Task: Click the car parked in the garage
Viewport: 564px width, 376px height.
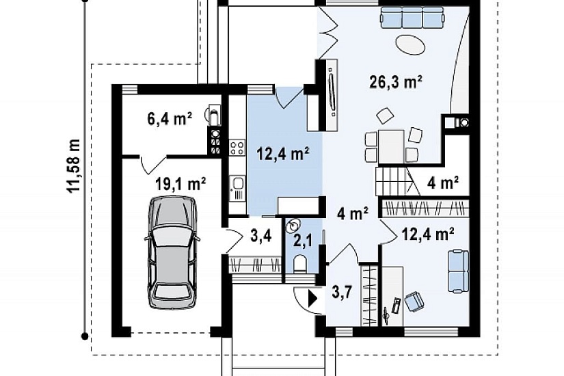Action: coord(171,252)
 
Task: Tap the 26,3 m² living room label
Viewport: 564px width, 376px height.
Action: coord(396,83)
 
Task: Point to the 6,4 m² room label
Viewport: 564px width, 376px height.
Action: coord(170,119)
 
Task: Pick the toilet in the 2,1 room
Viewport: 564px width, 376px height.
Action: coord(299,263)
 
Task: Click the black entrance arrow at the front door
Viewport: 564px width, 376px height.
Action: coord(312,298)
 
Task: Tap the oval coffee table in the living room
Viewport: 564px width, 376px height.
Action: coord(410,44)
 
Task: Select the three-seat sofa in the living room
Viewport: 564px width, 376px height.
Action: coord(412,18)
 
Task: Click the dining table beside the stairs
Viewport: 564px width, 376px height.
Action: coord(390,147)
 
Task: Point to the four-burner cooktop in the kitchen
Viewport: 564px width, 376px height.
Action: coord(237,148)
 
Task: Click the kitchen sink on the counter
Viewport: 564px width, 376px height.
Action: coord(237,188)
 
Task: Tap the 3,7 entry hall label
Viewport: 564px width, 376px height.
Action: coord(341,292)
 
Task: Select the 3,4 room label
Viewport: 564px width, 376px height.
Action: coord(260,237)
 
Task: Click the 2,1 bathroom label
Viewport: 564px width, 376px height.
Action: coord(301,241)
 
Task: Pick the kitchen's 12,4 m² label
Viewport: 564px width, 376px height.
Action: coord(283,154)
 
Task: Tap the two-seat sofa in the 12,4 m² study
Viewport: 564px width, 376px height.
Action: coord(458,271)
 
